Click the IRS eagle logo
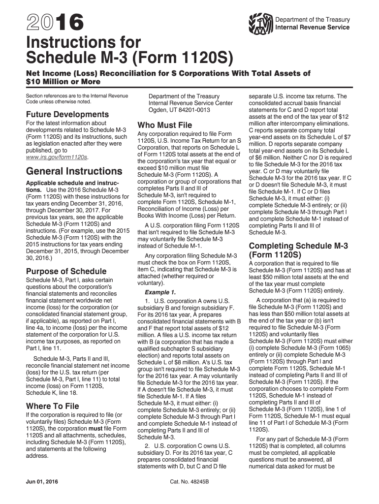point(261,23)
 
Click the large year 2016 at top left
point(48,22)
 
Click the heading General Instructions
point(74,171)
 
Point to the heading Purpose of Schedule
point(65,271)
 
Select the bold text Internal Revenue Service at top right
point(312,27)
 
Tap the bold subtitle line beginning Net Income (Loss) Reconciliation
point(168,73)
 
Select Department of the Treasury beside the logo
point(313,20)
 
